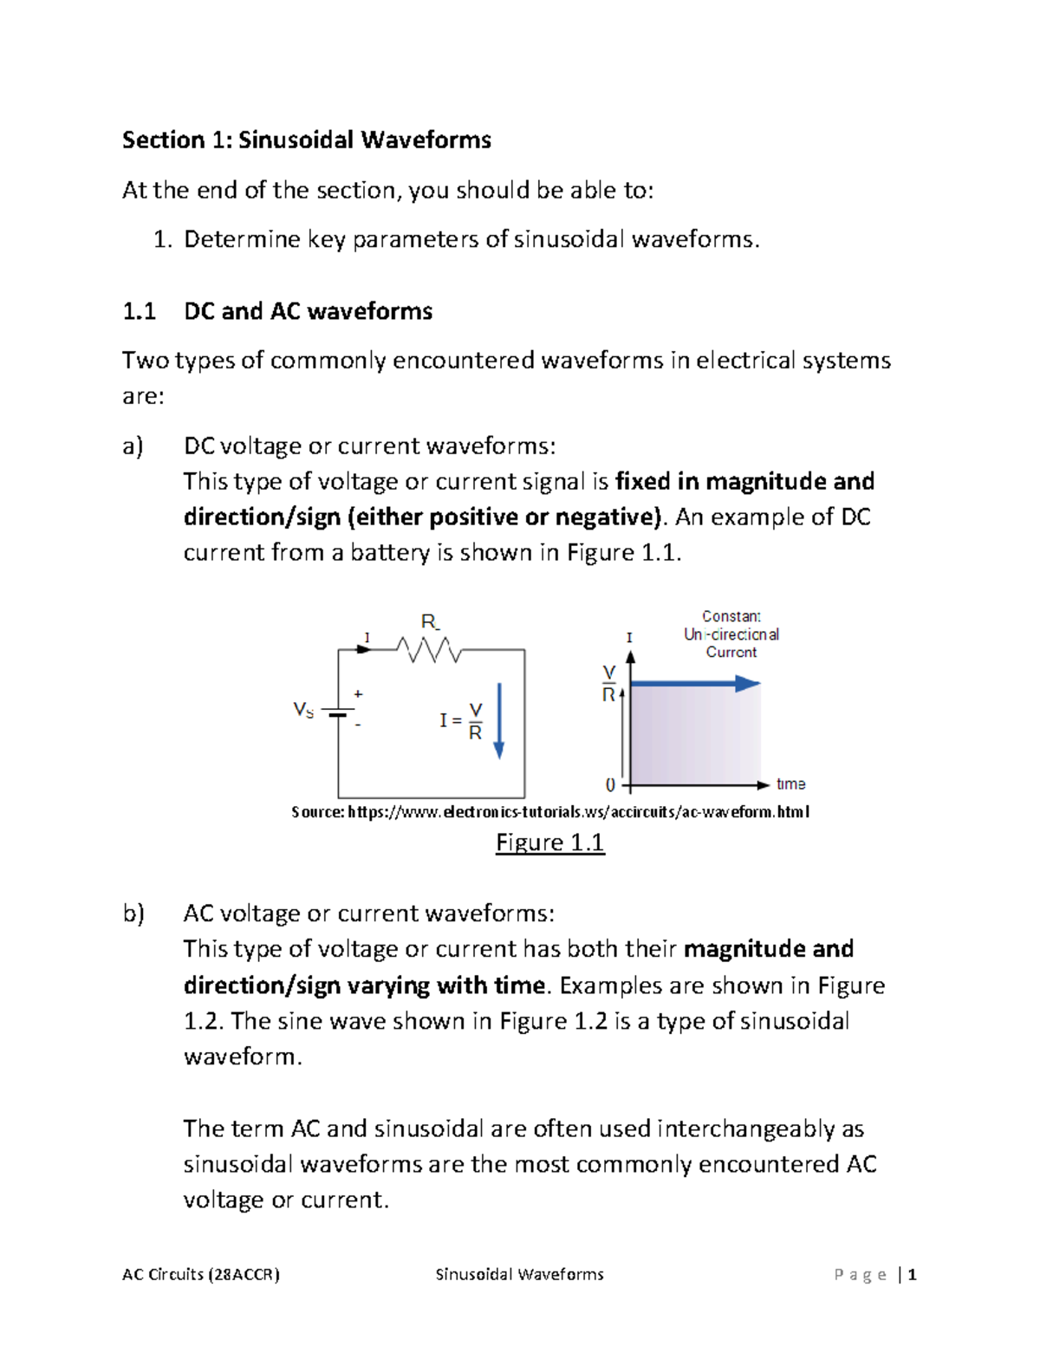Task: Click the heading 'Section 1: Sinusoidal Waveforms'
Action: (306, 140)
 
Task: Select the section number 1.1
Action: (139, 311)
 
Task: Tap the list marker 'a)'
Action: (133, 445)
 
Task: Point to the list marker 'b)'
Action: (133, 913)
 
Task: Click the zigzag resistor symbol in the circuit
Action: (428, 649)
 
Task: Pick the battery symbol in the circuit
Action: (338, 712)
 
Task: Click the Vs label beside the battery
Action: (303, 711)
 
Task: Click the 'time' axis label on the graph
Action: (790, 784)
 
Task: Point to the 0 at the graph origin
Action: (610, 785)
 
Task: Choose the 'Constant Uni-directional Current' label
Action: (731, 634)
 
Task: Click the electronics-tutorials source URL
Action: (578, 812)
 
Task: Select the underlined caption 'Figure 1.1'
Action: (549, 842)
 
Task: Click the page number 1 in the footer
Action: (912, 1274)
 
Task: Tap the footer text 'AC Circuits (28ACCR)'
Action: (201, 1274)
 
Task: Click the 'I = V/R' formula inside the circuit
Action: (461, 721)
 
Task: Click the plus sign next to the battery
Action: (358, 694)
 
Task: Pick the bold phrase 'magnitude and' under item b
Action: (768, 949)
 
